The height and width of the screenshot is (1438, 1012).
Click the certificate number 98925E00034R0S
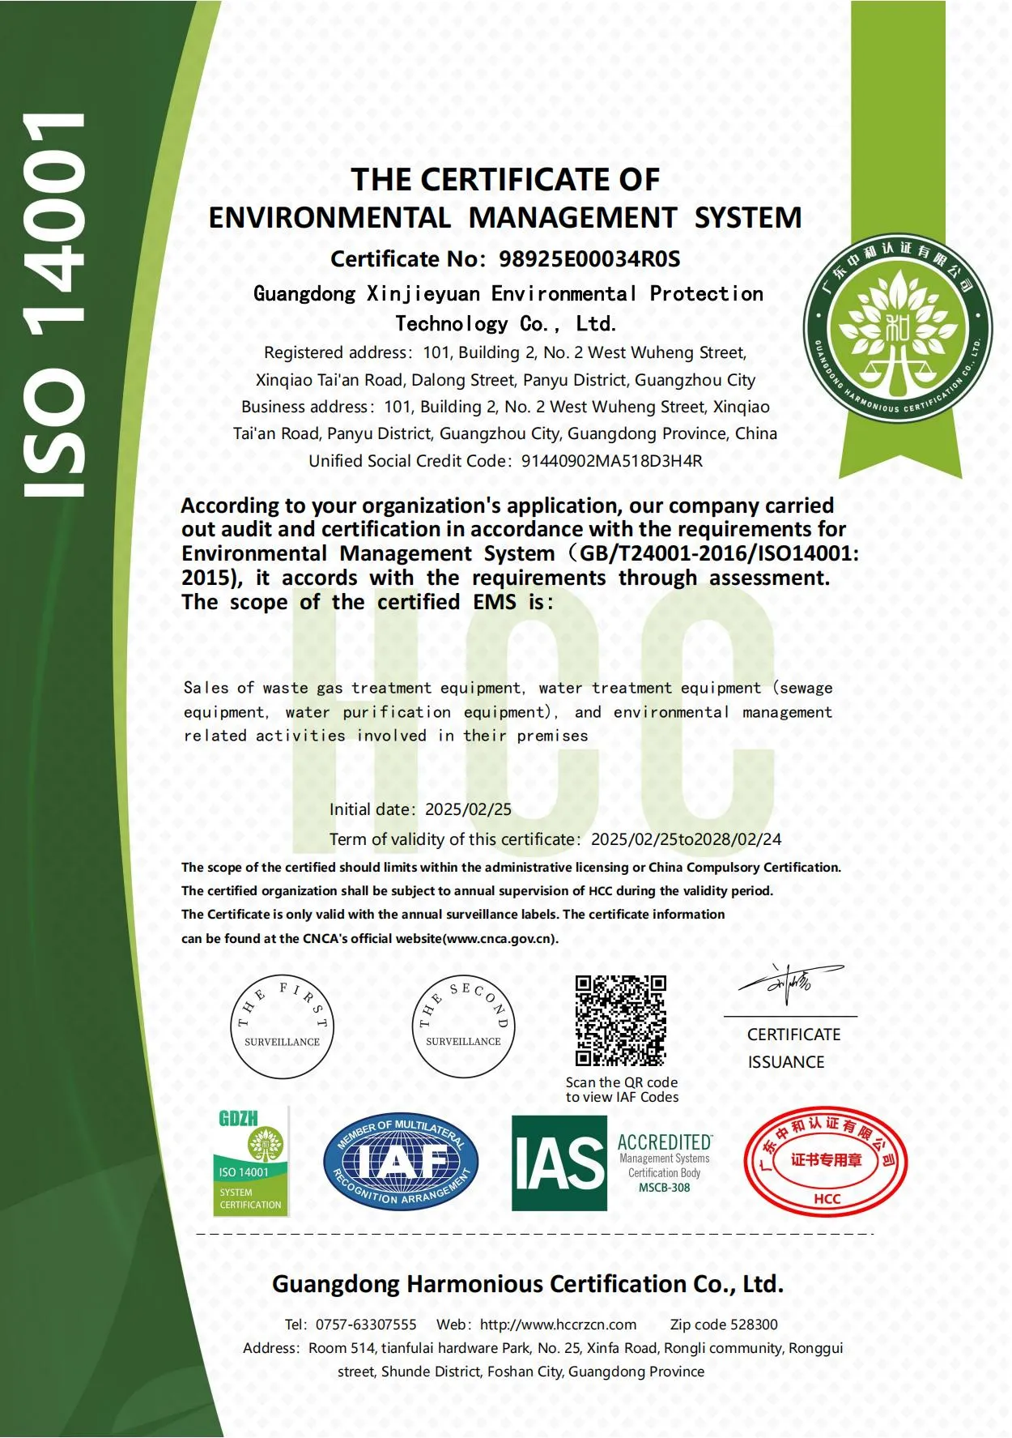click(589, 259)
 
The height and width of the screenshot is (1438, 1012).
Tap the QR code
click(620, 1020)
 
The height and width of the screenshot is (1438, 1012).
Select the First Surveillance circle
click(282, 1026)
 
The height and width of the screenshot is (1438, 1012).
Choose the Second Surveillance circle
click(463, 1026)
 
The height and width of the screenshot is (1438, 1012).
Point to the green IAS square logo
click(559, 1163)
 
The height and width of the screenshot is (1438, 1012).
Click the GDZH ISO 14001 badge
click(251, 1161)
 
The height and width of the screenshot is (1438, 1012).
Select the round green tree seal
click(898, 332)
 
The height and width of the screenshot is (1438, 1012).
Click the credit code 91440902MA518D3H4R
click(611, 461)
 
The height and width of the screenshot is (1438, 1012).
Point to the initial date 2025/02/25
click(468, 809)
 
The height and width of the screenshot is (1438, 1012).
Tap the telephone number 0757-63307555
click(366, 1325)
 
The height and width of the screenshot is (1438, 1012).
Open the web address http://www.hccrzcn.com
click(558, 1325)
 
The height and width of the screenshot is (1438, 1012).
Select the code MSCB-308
click(664, 1188)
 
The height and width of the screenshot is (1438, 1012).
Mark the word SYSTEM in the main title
click(748, 218)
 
